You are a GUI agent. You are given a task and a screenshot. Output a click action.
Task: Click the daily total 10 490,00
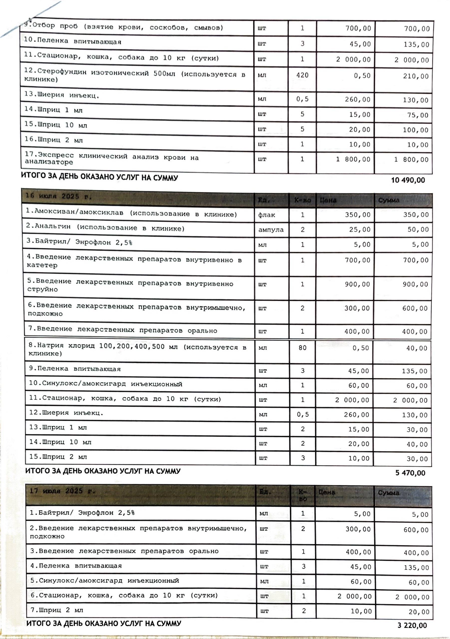click(x=408, y=180)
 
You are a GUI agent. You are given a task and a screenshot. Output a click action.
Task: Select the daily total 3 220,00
click(x=412, y=625)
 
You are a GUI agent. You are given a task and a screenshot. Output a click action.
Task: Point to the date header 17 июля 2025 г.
click(x=62, y=491)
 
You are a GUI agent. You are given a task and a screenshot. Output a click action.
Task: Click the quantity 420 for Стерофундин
click(x=302, y=75)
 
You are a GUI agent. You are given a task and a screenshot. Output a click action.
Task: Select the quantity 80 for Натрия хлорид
click(x=302, y=348)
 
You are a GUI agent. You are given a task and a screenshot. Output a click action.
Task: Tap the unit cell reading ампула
click(x=271, y=230)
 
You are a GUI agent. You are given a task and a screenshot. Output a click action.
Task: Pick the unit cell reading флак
click(x=267, y=215)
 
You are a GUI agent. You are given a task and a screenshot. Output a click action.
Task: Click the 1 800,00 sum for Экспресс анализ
click(x=412, y=160)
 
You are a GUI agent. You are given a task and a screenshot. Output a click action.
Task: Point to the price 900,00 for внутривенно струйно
click(x=357, y=284)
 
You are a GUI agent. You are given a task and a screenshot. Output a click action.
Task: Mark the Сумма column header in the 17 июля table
click(x=389, y=493)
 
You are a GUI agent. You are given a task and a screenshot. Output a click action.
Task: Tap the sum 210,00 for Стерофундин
click(x=416, y=76)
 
